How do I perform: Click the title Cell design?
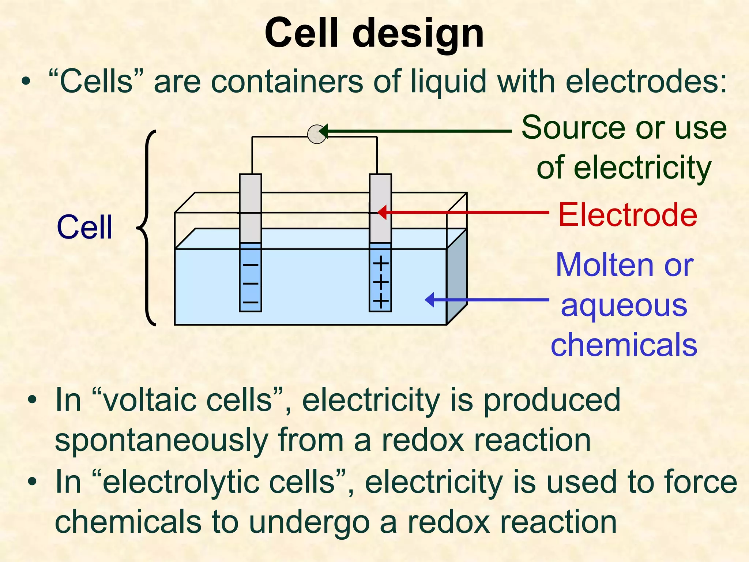click(374, 34)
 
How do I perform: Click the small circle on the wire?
click(317, 134)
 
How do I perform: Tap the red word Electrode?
click(628, 215)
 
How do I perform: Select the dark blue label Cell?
click(84, 228)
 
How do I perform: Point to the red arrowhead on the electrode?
click(382, 212)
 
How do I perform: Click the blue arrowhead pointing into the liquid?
click(430, 300)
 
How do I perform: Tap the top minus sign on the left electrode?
click(251, 265)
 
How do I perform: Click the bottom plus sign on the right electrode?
click(380, 302)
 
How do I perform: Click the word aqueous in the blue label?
click(624, 306)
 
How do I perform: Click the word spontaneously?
click(161, 441)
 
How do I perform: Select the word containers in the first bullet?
click(287, 82)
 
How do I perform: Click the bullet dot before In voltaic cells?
click(33, 401)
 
